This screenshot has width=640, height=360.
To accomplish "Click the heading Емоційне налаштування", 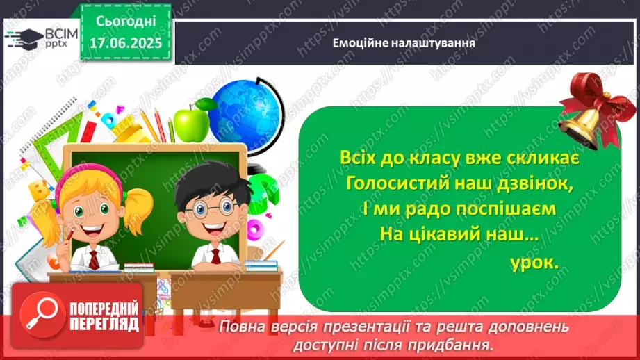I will pos(403,42).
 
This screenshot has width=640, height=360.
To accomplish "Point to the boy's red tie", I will pos(215,256).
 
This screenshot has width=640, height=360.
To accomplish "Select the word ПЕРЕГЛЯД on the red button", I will pos(104,323).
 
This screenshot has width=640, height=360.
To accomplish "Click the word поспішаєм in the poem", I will pos(501,209).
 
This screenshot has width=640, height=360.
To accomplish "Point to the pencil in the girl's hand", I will pos(68,237).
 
